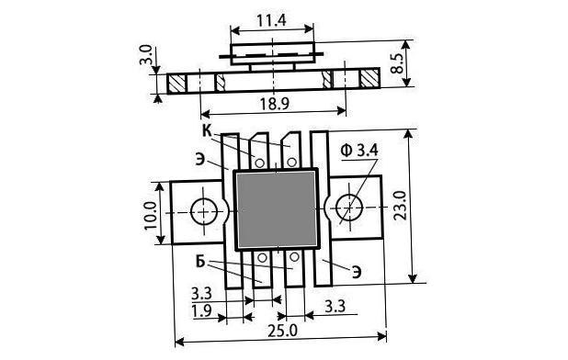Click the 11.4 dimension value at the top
click(271, 20)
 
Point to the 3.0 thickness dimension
click(145, 54)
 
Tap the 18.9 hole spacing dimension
click(274, 104)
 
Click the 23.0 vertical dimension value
click(401, 206)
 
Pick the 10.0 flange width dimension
click(150, 216)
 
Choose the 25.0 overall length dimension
click(282, 331)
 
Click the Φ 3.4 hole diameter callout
click(359, 150)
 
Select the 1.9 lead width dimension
click(201, 311)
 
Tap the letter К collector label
click(207, 131)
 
